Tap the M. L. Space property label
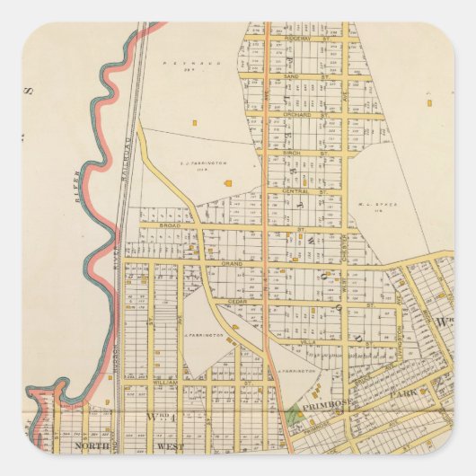pyautogui.click(x=380, y=204)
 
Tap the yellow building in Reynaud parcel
pyautogui.click(x=193, y=122)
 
